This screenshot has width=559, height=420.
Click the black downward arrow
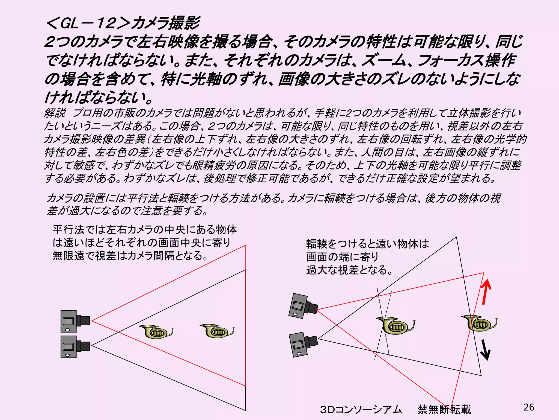(485, 350)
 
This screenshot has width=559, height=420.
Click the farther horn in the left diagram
(217, 331)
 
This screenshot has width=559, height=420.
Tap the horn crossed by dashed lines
(395, 325)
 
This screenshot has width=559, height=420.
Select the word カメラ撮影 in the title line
(165, 23)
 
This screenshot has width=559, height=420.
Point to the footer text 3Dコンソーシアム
(361, 409)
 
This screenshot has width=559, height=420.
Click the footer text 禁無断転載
(444, 409)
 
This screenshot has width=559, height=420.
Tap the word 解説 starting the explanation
(55, 113)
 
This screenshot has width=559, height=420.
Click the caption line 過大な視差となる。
(349, 270)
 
